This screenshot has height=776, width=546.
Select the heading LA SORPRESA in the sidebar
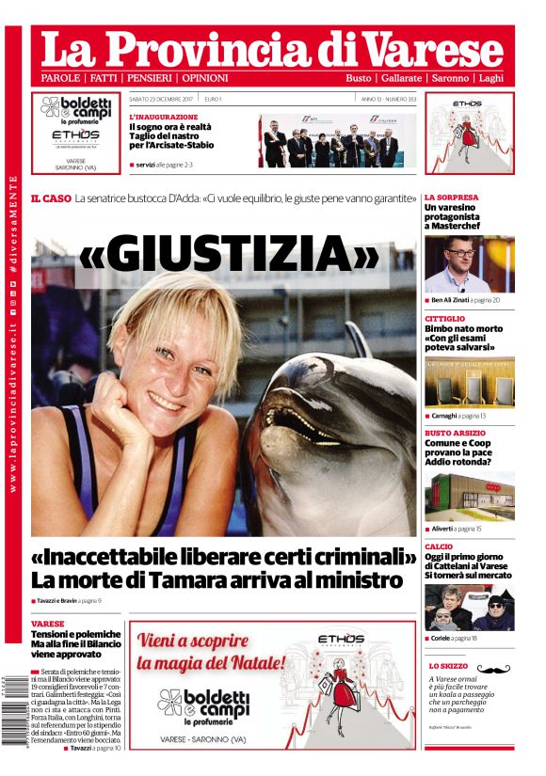(x=451, y=198)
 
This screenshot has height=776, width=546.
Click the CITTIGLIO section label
(x=444, y=319)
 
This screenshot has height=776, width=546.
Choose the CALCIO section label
(x=439, y=546)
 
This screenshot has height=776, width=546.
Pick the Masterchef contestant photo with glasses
(x=469, y=264)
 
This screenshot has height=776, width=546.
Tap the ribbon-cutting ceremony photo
(x=337, y=142)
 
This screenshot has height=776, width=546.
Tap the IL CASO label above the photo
(x=50, y=198)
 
